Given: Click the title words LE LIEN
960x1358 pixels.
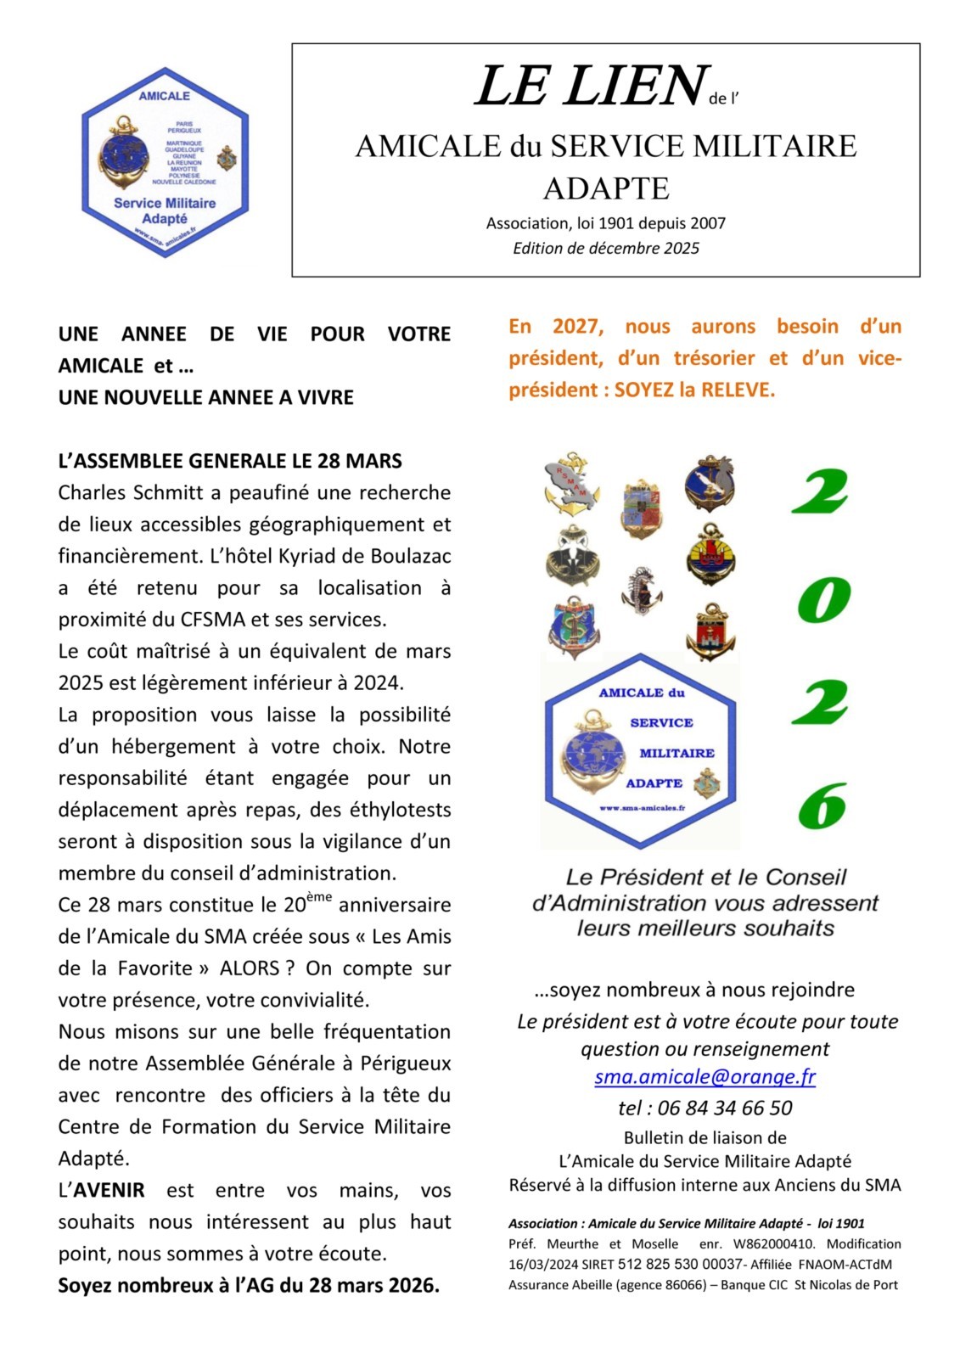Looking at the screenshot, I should click(591, 86).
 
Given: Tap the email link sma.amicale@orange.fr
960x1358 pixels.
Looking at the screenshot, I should click(705, 1076).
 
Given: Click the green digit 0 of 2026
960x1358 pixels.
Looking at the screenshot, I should click(823, 599).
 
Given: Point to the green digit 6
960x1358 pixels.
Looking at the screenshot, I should click(822, 806).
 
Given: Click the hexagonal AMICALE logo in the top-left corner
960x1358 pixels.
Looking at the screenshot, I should click(165, 162).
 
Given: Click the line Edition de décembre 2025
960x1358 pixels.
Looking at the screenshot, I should click(605, 248).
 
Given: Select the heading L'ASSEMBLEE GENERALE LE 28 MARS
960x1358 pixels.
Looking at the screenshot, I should click(230, 461).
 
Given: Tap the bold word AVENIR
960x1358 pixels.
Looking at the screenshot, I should click(109, 1190).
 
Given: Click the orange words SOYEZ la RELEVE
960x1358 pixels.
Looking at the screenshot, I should click(694, 390).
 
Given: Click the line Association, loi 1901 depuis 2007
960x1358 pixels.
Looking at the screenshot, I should click(605, 223).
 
